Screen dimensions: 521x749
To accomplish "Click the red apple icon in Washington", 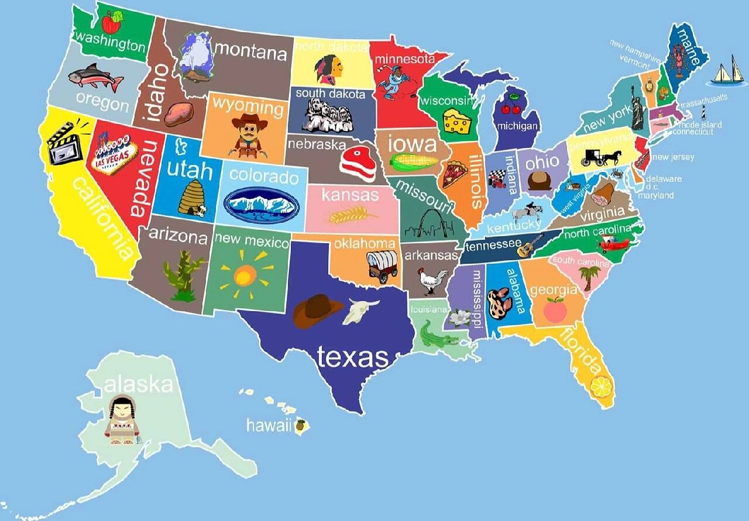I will click(x=111, y=22).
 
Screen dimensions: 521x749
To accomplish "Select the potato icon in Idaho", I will click(x=179, y=114).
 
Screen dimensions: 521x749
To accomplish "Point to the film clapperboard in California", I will click(x=65, y=143).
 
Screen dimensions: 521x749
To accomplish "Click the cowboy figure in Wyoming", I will click(x=248, y=136).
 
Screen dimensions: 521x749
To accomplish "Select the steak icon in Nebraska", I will click(x=358, y=163).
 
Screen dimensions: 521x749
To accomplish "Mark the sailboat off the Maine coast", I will click(x=728, y=72).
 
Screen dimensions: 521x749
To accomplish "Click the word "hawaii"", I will click(x=269, y=425).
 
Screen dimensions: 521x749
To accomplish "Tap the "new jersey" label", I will click(x=673, y=157).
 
